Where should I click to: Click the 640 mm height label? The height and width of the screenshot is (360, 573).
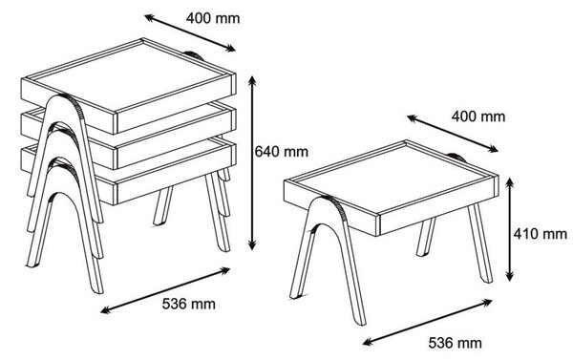pos(281,151)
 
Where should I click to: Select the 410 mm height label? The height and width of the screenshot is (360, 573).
pos(541,234)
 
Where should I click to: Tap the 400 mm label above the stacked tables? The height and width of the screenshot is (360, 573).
pos(213,18)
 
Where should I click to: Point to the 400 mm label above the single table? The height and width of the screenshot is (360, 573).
pos(478,116)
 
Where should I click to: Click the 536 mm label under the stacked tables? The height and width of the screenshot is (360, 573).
pos(188,304)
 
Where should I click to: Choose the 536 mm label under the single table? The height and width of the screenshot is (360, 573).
pos(455,343)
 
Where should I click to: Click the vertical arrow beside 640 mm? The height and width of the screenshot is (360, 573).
pos(252,163)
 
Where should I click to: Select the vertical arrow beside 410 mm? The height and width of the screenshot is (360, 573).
pos(511,229)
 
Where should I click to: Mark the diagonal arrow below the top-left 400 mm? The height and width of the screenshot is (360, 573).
pos(190,33)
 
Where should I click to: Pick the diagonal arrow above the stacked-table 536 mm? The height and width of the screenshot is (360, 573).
pos(165,290)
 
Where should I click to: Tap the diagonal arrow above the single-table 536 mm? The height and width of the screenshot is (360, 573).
pos(428,322)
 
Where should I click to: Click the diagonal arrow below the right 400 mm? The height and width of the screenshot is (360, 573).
pos(453,134)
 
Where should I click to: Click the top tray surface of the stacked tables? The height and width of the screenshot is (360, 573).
pos(131,75)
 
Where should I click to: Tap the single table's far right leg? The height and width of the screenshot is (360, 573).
pos(480,243)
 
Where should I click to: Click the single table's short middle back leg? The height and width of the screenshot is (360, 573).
pos(426,237)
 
